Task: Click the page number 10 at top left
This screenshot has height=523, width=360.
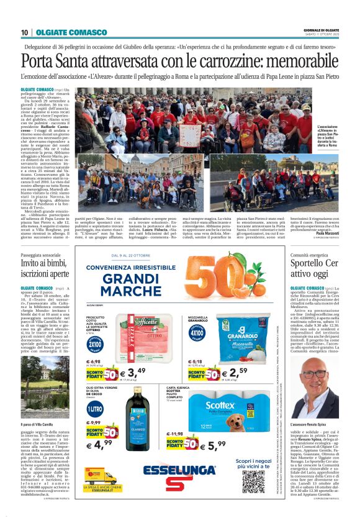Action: click(x=24, y=32)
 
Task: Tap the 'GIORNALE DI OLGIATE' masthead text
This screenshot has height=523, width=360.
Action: click(x=321, y=30)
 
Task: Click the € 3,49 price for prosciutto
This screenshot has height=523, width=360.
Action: click(x=132, y=373)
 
